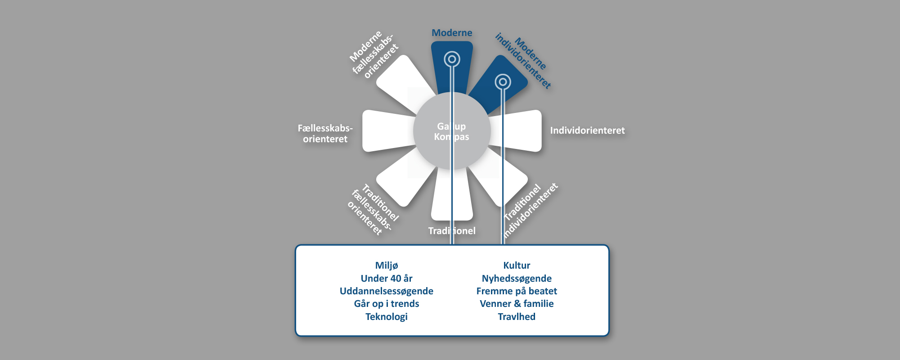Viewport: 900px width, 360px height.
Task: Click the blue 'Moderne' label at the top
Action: pos(452,33)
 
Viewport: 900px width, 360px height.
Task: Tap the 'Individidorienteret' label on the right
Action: pos(587,130)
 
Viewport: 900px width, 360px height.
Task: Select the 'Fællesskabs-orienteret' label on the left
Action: pos(325,134)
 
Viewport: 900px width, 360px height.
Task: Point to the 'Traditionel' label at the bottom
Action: pos(452,231)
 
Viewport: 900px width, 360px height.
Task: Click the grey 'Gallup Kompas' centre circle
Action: pos(452,131)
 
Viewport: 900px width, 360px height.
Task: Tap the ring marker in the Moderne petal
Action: pos(452,59)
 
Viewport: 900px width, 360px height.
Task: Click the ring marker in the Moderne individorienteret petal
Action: pos(503,82)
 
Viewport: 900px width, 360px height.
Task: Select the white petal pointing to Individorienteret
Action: pos(517,130)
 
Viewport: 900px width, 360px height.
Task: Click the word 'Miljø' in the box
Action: pos(387,265)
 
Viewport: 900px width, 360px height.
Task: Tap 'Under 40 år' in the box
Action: pos(387,279)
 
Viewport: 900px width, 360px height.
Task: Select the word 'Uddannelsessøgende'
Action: pos(387,291)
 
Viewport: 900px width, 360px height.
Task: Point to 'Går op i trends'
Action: pos(387,304)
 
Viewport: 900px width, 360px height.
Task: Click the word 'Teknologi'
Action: pos(387,317)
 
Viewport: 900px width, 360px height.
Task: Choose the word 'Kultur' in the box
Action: pos(517,265)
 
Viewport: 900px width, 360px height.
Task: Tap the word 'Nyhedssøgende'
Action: pos(517,279)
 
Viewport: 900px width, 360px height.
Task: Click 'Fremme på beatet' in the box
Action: pos(517,291)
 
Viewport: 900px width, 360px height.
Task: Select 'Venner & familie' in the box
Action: pos(517,304)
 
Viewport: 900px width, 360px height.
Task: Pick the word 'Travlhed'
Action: pos(517,317)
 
